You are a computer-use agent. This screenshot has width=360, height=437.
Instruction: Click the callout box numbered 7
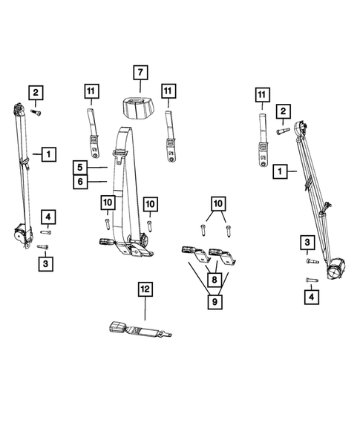click(x=140, y=73)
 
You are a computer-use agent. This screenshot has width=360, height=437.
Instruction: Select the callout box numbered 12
click(x=143, y=289)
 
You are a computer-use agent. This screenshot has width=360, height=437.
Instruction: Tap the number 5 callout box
click(x=81, y=167)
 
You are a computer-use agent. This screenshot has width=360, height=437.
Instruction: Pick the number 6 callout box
click(x=81, y=181)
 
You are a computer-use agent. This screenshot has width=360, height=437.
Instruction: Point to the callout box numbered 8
click(x=215, y=281)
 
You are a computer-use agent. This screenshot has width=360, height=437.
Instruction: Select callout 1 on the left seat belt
click(x=48, y=154)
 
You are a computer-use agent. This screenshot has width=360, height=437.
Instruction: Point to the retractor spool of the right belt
click(x=338, y=266)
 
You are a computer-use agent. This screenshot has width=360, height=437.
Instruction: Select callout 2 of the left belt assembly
click(x=36, y=93)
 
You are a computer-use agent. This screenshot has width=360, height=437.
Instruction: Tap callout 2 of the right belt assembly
click(x=283, y=111)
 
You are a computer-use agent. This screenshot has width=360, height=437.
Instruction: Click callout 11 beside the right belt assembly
click(x=261, y=94)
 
